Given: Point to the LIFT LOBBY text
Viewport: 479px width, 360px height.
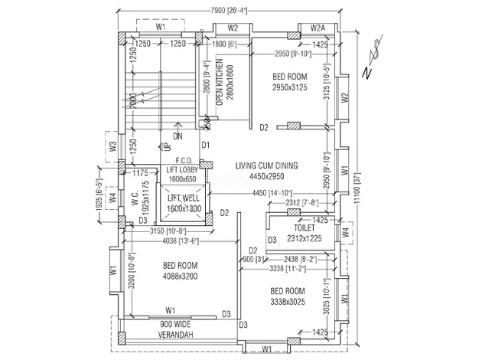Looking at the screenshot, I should (x=184, y=169).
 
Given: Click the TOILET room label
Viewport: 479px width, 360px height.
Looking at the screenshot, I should (x=305, y=227).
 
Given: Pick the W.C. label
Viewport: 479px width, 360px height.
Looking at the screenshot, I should (x=135, y=201).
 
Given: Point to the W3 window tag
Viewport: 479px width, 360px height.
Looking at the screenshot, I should (x=112, y=145).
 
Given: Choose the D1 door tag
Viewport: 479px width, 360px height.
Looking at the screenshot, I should (x=205, y=145).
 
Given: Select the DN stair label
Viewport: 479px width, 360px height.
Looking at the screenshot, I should (x=178, y=136).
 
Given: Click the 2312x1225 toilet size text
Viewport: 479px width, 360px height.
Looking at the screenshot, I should (x=305, y=237).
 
